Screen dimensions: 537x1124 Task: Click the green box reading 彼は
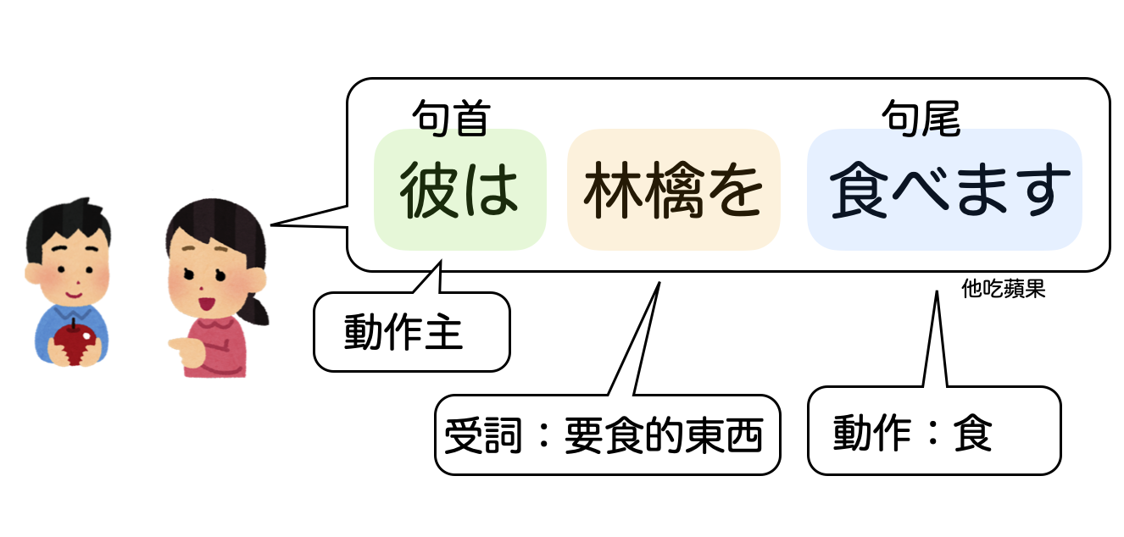coord(459,190)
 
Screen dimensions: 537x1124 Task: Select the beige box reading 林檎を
coord(673,190)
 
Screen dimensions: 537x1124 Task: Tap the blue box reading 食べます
coord(944,190)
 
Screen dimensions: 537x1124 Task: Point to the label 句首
coord(451,118)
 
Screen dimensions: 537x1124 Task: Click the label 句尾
coord(920,118)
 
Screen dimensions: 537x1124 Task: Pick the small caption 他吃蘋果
coord(1004,290)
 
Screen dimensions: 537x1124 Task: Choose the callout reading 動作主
coord(403,332)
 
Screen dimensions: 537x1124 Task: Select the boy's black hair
coord(67,223)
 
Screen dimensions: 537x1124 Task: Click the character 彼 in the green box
coord(427,191)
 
